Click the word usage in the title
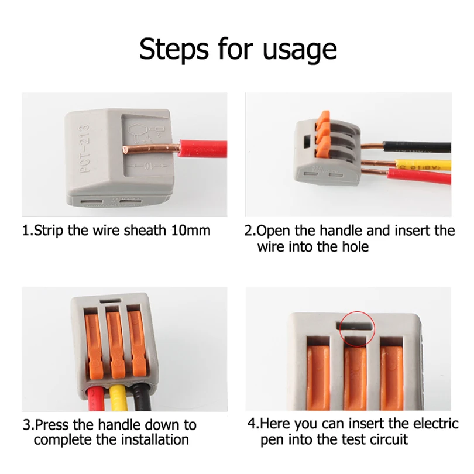coord(300,50)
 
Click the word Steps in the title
coord(174,49)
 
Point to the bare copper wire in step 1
coord(151,149)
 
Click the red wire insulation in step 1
coord(203,149)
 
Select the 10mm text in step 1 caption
coord(191,231)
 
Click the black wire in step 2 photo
coord(417,147)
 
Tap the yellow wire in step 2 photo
coord(423,165)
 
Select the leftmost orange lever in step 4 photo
coord(318,378)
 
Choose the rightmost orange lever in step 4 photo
coord(391,378)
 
